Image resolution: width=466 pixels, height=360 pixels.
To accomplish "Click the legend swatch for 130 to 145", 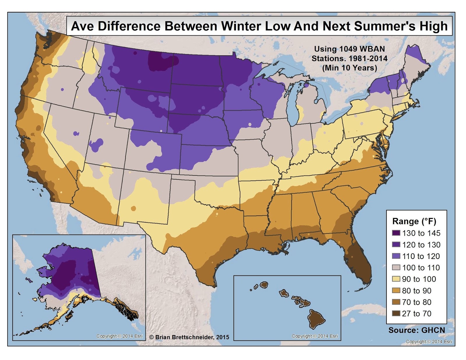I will coord(396,233).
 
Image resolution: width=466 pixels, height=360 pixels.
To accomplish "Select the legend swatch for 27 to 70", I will coord(396,313).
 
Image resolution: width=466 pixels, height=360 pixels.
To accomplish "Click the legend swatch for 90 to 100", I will coord(396,279).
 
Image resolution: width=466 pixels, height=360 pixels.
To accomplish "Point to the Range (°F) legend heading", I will coord(414,221).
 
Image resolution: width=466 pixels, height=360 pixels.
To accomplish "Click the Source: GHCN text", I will coord(416,330).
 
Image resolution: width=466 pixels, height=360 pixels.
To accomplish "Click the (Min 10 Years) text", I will coord(349,68).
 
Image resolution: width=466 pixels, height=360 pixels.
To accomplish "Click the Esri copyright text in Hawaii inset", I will coord(315,336).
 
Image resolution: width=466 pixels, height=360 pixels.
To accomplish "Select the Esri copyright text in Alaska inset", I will coord(119,336).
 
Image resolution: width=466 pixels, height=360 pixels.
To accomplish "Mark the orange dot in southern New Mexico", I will coord(133,208).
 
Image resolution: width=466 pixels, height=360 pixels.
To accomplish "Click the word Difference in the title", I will coord(129,26).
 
